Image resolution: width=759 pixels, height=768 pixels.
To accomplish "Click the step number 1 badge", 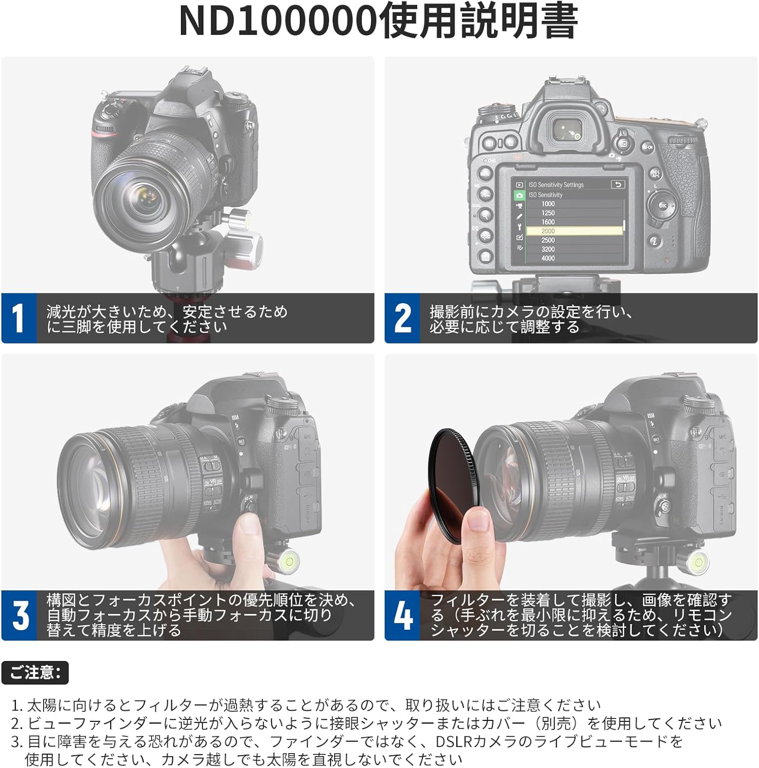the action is (19, 318).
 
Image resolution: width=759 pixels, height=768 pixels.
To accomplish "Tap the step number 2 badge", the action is (402, 318).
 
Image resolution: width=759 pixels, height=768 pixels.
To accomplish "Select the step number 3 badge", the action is (19, 615).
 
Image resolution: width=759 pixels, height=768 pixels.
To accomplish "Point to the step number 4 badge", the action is (402, 615).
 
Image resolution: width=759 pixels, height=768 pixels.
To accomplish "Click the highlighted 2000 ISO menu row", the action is (575, 231).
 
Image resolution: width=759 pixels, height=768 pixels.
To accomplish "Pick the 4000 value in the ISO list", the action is (548, 259).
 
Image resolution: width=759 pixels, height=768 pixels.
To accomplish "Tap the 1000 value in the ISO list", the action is (548, 204).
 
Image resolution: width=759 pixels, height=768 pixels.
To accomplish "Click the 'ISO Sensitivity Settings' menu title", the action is (556, 185).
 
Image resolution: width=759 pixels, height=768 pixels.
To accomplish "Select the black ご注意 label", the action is (35, 672).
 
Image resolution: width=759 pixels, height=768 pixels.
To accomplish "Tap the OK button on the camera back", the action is (662, 205).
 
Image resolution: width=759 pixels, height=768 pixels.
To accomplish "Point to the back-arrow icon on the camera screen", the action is (618, 185).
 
